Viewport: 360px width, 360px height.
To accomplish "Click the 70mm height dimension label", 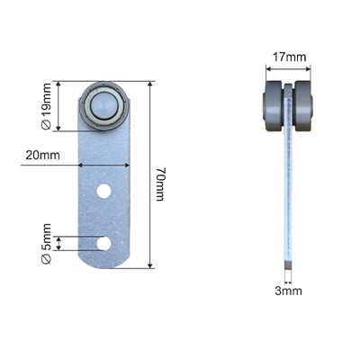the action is (160, 184).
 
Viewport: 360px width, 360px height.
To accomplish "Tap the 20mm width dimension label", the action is (42, 156).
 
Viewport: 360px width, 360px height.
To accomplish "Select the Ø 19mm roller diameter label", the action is (46, 106).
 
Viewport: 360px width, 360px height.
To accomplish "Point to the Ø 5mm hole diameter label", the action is (46, 244).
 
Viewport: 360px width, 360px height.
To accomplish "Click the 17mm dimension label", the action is (289, 57).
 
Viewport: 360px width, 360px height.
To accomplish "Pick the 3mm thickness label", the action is (288, 291).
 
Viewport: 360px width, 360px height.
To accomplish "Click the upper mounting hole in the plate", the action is (103, 191).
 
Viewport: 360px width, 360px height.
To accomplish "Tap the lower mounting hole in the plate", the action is (103, 243).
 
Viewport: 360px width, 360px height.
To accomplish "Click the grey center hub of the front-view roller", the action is (103, 105).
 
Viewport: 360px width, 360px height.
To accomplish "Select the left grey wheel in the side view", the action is (273, 105).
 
